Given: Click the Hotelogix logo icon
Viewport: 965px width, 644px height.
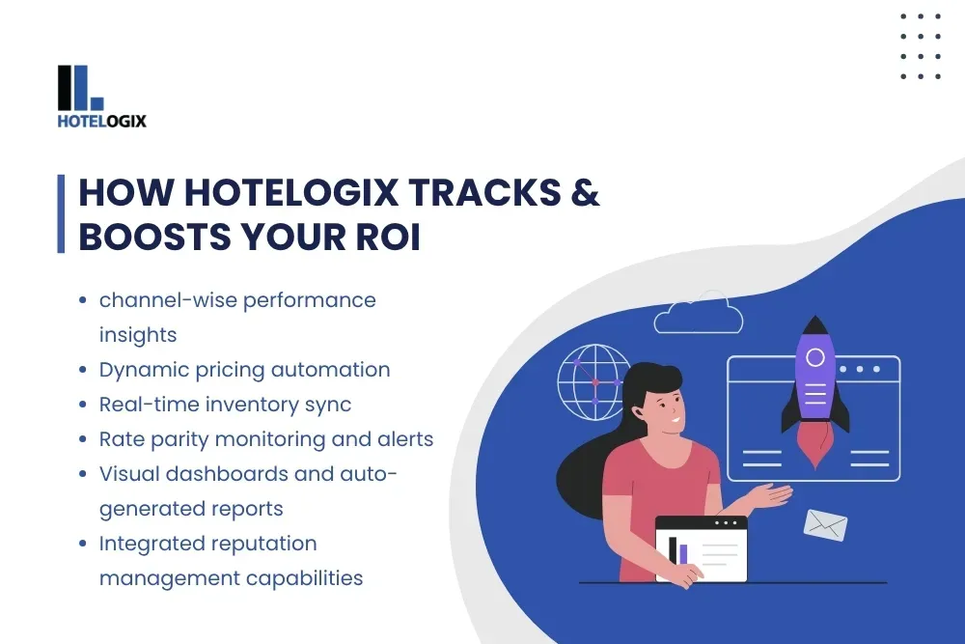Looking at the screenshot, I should (x=80, y=88).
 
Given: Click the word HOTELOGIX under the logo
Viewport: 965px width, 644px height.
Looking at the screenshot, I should (x=102, y=122).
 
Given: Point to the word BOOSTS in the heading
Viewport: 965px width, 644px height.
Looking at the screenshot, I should (x=153, y=238).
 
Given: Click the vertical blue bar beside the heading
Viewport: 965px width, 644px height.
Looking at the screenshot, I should (x=61, y=214).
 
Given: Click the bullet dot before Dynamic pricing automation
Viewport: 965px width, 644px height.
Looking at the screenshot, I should (x=84, y=370).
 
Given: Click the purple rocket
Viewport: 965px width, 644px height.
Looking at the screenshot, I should (x=814, y=381).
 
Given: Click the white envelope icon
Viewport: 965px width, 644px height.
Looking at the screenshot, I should (x=825, y=525).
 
